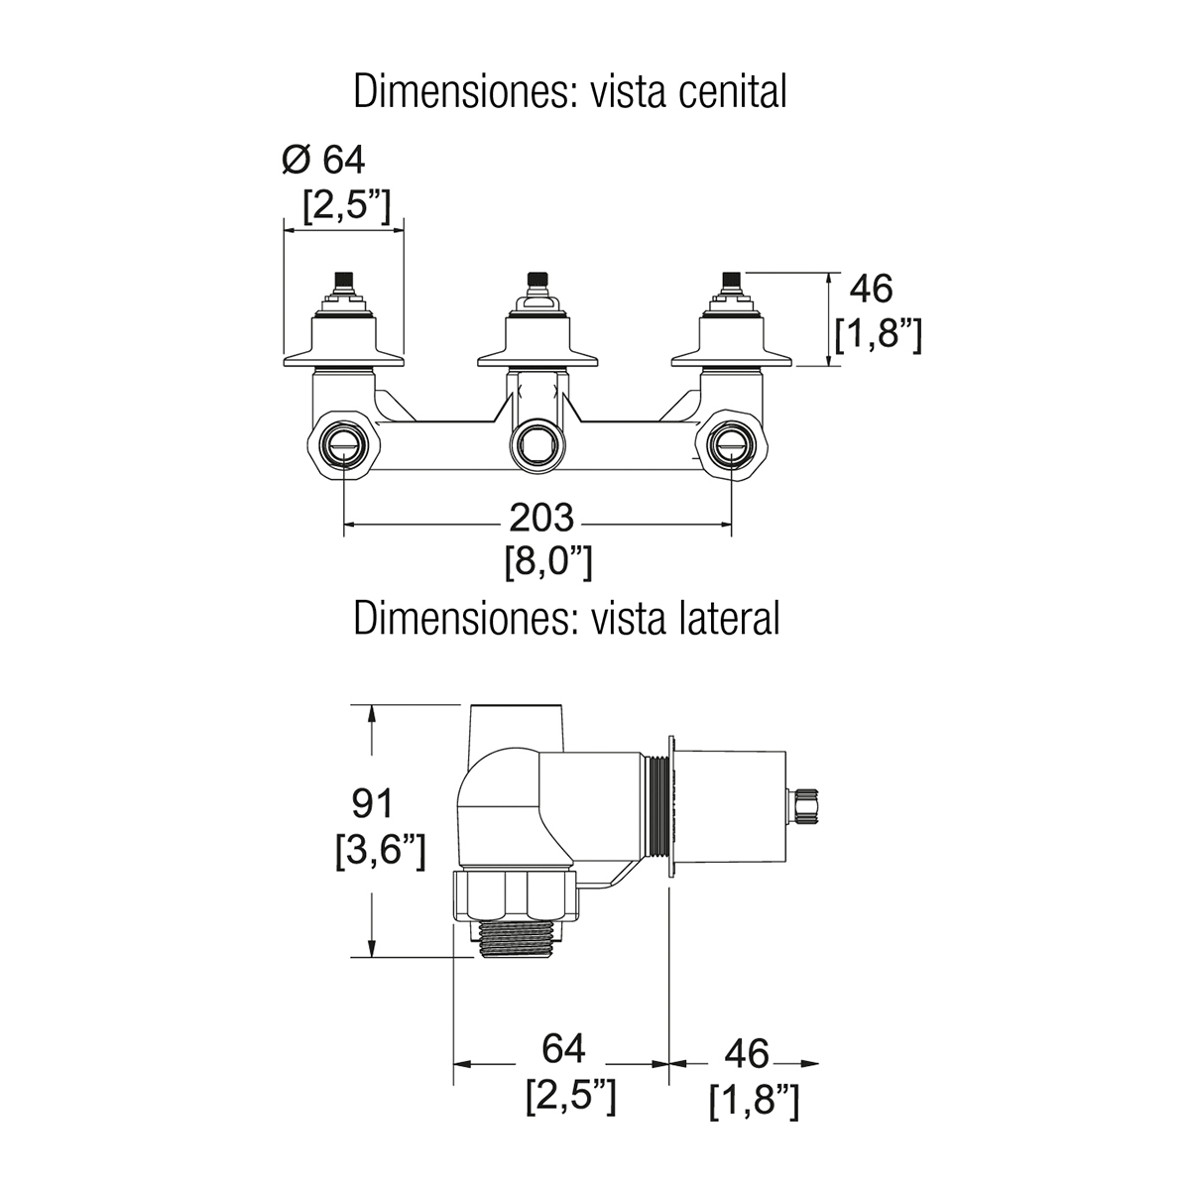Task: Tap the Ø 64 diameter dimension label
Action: point(323,159)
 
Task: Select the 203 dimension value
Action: point(541,518)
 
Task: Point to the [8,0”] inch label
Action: point(548,561)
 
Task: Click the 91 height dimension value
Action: point(374,803)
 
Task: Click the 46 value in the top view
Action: point(872,290)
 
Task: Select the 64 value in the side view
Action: point(563,1048)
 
